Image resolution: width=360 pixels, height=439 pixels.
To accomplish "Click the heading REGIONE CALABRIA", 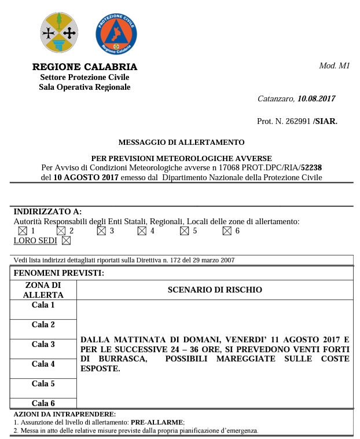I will click(85, 67).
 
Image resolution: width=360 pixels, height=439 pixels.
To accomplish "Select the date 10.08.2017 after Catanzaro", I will click(316, 99).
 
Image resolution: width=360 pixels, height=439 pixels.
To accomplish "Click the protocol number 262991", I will click(296, 121).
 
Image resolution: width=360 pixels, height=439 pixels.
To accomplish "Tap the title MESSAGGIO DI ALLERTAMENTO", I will click(181, 142).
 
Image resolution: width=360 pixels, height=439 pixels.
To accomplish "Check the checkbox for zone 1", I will click(23, 231).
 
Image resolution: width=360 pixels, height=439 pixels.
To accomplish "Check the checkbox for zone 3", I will click(101, 231).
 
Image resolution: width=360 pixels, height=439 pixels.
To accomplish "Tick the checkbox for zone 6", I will click(227, 231).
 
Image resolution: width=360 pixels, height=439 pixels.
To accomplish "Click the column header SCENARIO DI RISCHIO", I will click(215, 289).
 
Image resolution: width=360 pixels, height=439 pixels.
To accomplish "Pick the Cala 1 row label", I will click(43, 305).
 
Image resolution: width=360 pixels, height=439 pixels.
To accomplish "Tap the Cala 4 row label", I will click(43, 364).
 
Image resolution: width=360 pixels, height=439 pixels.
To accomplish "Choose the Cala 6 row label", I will click(43, 403).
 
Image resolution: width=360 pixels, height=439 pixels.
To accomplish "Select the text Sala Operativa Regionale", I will click(85, 87).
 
